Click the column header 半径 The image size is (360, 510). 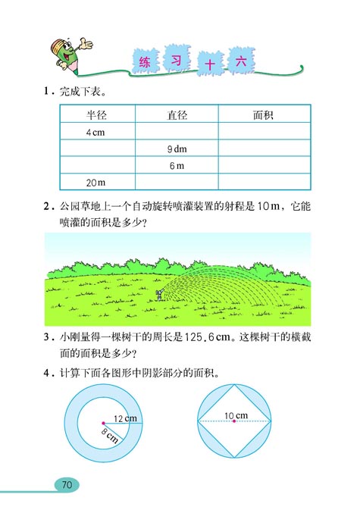point(96,115)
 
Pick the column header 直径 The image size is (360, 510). point(177,115)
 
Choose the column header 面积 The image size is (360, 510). point(263,115)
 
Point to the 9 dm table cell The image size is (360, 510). point(177,149)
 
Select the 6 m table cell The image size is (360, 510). point(177,166)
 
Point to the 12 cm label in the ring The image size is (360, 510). point(124,418)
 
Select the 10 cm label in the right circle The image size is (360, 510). point(236,415)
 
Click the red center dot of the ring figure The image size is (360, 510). point(102,422)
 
